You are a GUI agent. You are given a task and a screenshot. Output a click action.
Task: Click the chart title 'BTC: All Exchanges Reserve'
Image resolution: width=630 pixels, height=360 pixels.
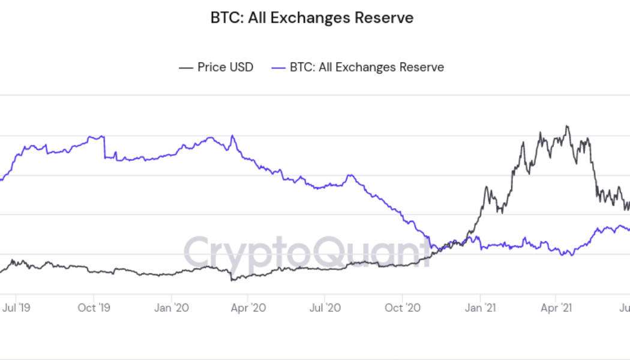click(311, 18)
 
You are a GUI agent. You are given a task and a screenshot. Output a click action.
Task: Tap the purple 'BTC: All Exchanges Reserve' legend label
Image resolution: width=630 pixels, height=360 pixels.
click(367, 67)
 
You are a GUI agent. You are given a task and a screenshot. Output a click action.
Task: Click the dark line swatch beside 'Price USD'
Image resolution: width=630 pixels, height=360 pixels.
click(185, 67)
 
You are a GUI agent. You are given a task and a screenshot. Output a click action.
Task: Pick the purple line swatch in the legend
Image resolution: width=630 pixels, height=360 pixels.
click(278, 67)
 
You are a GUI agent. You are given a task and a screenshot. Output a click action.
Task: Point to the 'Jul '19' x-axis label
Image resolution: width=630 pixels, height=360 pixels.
click(16, 308)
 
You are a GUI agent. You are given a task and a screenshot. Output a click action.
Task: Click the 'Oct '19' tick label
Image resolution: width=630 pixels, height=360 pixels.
click(94, 308)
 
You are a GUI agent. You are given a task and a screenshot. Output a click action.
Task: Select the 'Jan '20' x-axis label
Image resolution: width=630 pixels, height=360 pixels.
click(172, 308)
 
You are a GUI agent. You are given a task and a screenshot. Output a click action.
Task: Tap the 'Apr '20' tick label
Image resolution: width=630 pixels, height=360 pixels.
click(248, 308)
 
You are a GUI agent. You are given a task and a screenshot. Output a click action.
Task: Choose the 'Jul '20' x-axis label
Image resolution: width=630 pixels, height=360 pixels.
click(325, 308)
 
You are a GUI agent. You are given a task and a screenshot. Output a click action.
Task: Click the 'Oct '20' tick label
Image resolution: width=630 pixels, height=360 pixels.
click(402, 308)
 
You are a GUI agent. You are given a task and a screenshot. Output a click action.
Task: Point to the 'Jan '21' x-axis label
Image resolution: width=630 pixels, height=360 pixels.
click(480, 308)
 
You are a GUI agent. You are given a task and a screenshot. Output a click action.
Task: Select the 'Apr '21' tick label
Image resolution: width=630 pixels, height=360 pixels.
click(556, 308)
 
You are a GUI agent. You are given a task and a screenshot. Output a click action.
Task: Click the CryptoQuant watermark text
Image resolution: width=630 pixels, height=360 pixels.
click(306, 251)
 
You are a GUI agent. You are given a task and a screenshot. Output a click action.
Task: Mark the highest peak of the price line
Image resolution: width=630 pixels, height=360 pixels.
click(567, 127)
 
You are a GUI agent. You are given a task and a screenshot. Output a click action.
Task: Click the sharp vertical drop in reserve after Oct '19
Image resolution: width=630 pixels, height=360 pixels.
click(104, 148)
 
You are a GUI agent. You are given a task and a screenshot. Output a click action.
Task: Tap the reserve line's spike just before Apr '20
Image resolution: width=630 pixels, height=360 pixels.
click(233, 136)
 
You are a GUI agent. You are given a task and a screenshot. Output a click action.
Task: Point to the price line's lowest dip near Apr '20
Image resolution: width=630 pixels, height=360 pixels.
click(232, 280)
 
